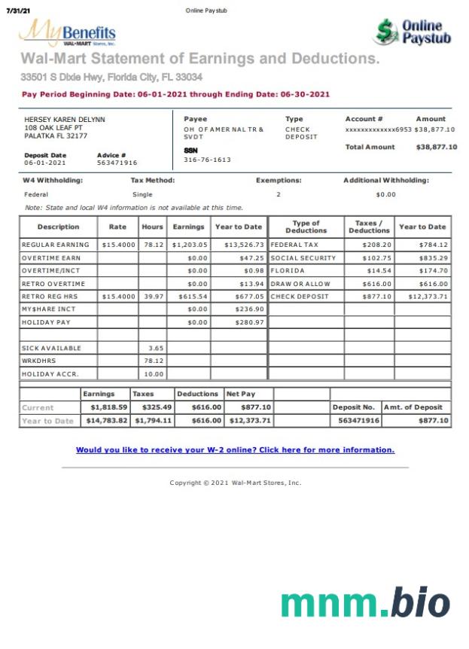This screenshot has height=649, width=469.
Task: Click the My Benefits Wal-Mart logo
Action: click(67, 33)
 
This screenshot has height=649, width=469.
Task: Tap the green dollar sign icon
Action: click(386, 32)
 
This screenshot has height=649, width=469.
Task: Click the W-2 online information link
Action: click(235, 450)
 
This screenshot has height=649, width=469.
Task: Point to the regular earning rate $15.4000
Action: click(118, 245)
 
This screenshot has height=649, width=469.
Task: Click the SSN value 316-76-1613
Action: click(207, 160)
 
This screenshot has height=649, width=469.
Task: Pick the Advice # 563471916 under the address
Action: click(117, 163)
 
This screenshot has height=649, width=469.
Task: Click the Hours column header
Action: click(152, 227)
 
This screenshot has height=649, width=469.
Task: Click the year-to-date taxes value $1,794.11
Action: click(154, 421)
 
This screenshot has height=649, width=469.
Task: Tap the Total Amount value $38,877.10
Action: click(436, 147)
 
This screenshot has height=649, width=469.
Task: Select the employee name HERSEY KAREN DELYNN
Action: click(65, 120)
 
